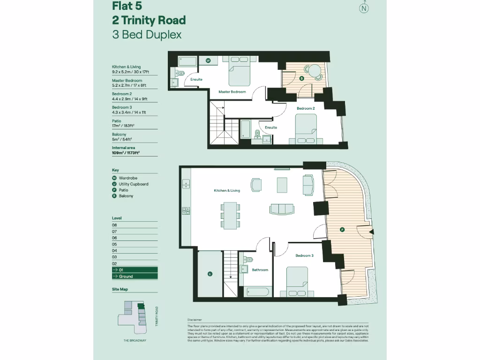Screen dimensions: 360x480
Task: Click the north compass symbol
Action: (x=363, y=8)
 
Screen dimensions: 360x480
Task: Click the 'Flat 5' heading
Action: (x=127, y=6)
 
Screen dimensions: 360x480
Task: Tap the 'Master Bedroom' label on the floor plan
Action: (x=232, y=92)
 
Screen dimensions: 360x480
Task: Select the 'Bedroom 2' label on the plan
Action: (x=306, y=108)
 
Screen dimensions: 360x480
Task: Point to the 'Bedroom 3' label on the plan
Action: (x=304, y=255)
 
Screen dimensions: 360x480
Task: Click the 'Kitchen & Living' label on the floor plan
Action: (x=227, y=191)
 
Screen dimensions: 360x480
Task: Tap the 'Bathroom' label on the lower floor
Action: (x=260, y=270)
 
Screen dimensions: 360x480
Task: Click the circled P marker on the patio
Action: (x=342, y=230)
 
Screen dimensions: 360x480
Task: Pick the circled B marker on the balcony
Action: (x=301, y=78)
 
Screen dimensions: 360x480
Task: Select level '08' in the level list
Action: (x=114, y=225)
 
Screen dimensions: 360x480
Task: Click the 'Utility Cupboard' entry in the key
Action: (x=133, y=184)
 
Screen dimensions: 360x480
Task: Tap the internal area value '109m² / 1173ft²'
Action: (x=126, y=153)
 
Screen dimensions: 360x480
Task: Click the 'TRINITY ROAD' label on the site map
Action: (x=157, y=316)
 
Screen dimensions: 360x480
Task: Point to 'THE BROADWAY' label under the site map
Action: (x=135, y=340)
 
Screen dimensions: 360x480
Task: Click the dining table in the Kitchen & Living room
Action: (x=230, y=216)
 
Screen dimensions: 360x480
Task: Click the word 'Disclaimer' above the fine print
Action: (x=195, y=321)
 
